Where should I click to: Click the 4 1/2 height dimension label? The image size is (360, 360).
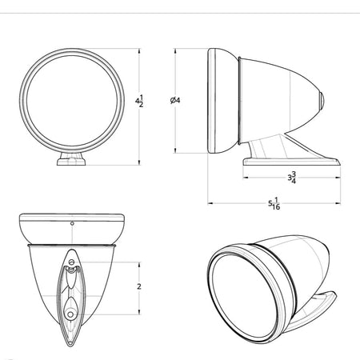tap(139, 101)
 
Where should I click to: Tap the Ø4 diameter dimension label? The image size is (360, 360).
tap(175, 100)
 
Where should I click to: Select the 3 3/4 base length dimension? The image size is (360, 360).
tap(292, 178)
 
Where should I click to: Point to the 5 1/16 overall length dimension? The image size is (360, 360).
tap(274, 203)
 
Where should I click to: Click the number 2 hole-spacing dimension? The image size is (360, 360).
tap(139, 286)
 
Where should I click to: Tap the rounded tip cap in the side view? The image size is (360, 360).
tap(322, 102)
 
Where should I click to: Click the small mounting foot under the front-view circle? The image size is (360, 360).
tap(71, 159)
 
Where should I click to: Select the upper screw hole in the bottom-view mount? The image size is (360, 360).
tap(71, 262)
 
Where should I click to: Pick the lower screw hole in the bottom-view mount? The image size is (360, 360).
tap(70, 314)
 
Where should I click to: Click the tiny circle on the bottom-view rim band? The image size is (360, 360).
tap(72, 223)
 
